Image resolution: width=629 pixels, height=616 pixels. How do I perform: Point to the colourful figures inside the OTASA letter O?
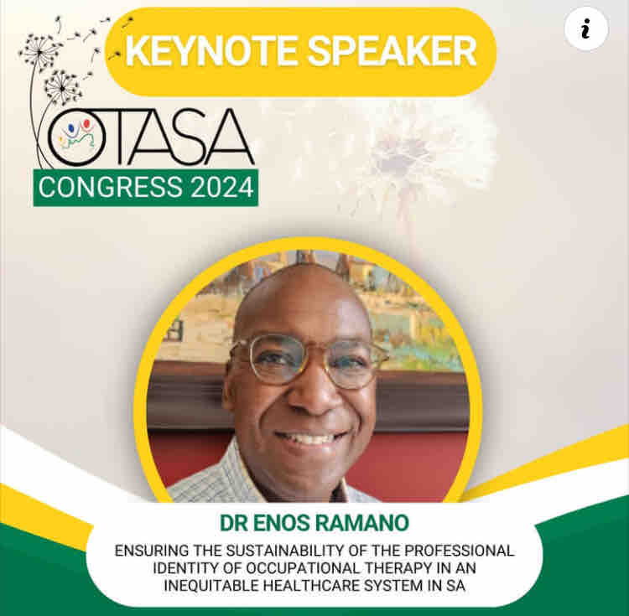point(72,139)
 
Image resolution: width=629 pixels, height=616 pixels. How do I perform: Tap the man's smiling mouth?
point(309,438)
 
